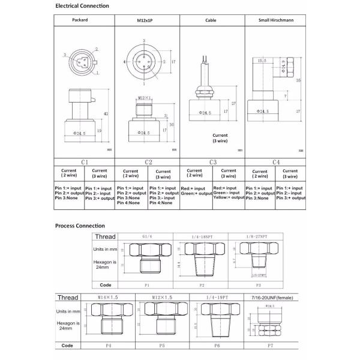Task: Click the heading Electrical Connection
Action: pos(82,6)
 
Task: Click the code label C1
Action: pos(85,162)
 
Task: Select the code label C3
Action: pos(212,162)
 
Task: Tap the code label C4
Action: pos(276,162)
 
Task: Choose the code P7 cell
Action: pos(271,346)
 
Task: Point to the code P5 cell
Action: pos(162,346)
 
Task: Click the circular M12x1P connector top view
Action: pos(143,61)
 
